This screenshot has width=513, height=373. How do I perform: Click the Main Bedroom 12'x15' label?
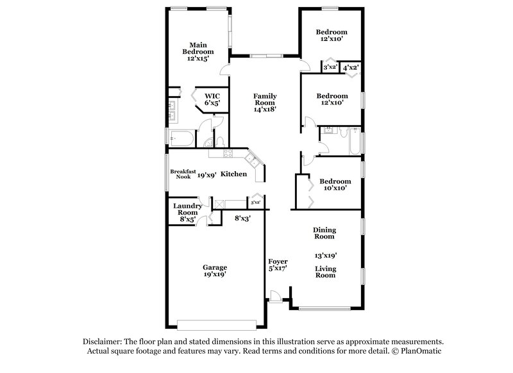197,52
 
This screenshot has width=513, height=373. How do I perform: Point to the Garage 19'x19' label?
215,270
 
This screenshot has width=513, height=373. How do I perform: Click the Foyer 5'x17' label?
278,265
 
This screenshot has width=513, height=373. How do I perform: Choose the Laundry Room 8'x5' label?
187,213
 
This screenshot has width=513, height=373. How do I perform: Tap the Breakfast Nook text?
182,174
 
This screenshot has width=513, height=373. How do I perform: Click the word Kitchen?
234,174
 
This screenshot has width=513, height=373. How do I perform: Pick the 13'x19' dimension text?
325,254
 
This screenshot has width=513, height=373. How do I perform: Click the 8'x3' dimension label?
242,218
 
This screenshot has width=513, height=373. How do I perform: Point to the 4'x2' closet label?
351,67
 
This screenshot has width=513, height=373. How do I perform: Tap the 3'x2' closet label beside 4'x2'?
330,67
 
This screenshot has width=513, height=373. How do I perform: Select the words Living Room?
326,272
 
